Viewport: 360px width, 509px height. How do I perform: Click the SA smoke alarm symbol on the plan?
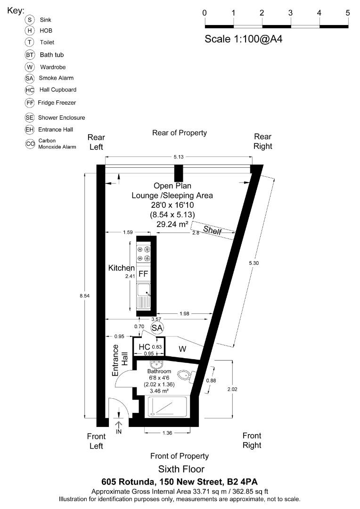(x=156, y=328)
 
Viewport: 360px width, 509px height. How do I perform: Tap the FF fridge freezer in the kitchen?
(x=143, y=274)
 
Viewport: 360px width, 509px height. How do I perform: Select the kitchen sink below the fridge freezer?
(x=143, y=296)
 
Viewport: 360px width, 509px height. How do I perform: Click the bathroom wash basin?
(x=156, y=364)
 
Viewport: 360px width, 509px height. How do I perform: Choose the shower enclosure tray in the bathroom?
(x=167, y=406)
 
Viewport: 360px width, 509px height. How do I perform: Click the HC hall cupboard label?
(x=144, y=347)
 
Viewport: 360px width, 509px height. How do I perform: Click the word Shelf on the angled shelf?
(x=212, y=230)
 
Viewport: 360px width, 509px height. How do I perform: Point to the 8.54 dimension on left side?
(x=85, y=296)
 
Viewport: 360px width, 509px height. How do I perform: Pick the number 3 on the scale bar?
(x=291, y=13)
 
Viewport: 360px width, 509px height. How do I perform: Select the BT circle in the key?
(x=31, y=55)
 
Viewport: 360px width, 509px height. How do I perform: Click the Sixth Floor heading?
(x=181, y=469)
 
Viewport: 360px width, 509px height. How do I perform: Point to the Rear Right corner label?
(x=262, y=141)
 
